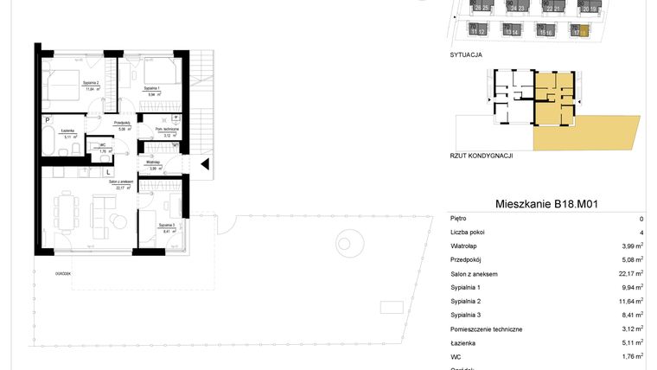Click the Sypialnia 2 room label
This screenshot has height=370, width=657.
[91, 85]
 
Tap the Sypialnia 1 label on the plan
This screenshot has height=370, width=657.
[154, 88]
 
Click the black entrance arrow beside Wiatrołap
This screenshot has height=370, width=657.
[204, 163]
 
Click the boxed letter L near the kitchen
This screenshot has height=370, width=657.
[107, 172]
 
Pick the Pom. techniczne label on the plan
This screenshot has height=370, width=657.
[167, 131]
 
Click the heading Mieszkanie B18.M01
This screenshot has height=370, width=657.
[547, 204]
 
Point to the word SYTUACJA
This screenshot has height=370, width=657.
[467, 54]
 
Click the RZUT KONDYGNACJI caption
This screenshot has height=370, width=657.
[482, 155]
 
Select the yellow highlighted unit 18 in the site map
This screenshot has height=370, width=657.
[584, 32]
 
